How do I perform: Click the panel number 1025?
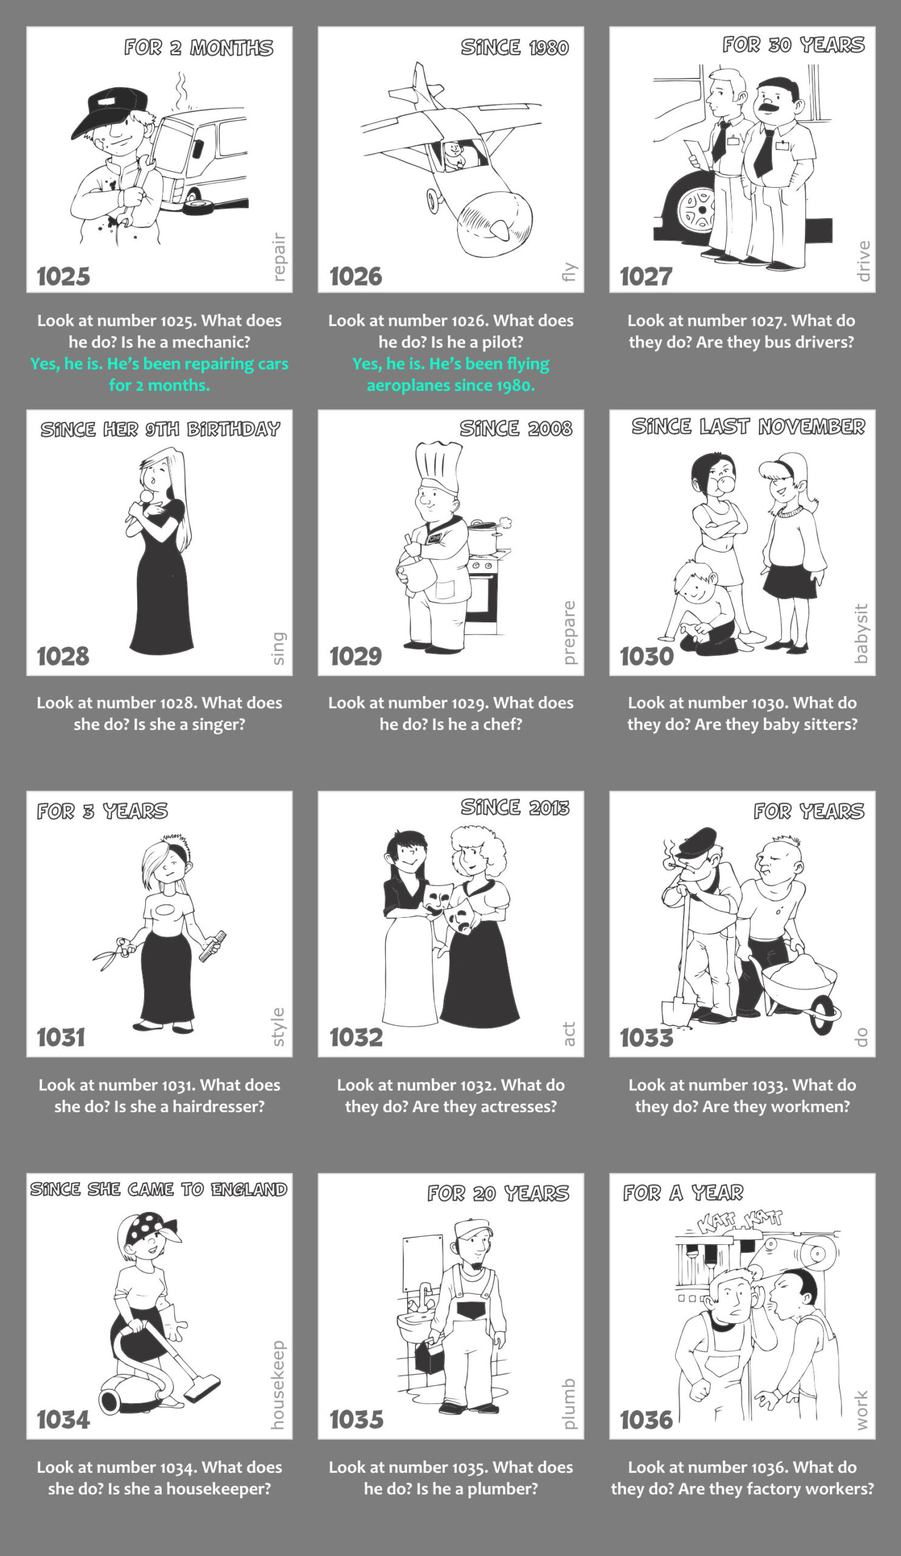coord(64,276)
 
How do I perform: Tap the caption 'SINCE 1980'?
coord(515,47)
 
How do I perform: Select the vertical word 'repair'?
coord(279,257)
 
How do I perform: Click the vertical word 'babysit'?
coord(861,633)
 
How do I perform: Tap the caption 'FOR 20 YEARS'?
coord(498,1193)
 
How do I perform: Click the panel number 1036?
coord(646,1419)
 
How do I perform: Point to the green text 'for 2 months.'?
coord(159,385)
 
